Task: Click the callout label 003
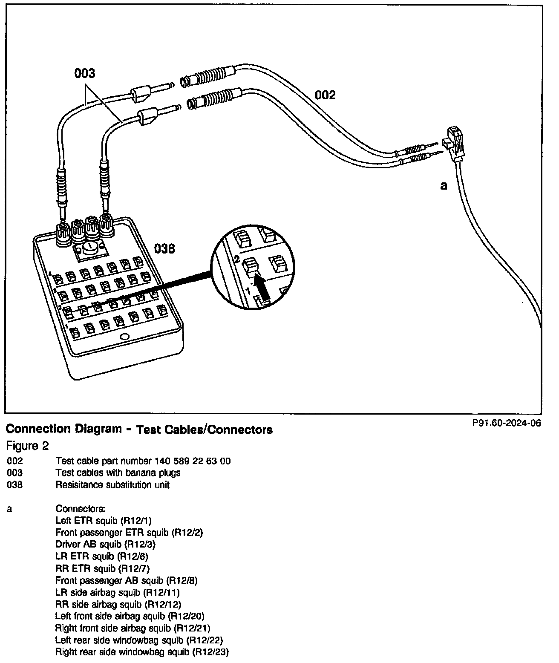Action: tap(85, 74)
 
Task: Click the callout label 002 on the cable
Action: tap(325, 95)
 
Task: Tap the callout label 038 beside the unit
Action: tap(164, 248)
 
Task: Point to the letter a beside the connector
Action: tap(444, 186)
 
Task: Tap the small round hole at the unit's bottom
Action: tap(125, 337)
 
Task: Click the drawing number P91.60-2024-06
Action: tap(506, 423)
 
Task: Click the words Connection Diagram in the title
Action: tap(64, 429)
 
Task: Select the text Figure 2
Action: tap(27, 446)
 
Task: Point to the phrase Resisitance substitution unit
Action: tap(112, 485)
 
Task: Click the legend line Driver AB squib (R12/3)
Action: tap(105, 544)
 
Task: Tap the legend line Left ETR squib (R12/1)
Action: tap(104, 520)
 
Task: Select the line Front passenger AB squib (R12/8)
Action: tap(126, 580)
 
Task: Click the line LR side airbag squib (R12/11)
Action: tap(117, 592)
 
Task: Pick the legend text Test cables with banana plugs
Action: tap(118, 473)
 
